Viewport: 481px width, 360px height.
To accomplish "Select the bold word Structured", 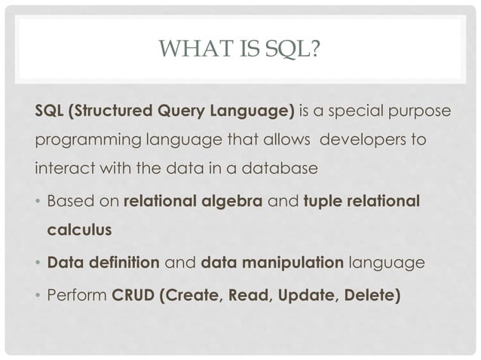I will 109,113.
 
